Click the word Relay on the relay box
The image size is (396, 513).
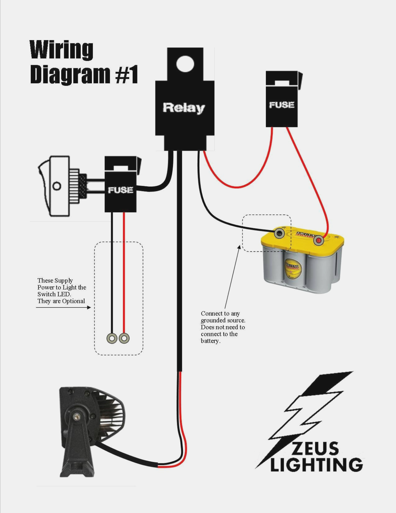tap(184, 108)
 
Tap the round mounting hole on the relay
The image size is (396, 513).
tap(185, 63)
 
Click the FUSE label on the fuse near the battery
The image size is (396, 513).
tap(282, 105)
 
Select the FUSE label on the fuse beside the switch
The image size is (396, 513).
tap(120, 190)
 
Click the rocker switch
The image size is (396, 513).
tap(54, 186)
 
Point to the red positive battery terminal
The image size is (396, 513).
tap(318, 240)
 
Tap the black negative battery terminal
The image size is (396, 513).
tap(279, 233)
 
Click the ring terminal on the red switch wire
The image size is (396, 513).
tap(124, 338)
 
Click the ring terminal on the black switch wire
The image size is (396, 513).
tap(112, 338)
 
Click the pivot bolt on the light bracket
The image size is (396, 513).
tap(76, 417)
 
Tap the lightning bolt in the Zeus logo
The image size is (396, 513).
tap(308, 414)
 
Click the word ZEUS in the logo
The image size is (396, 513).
tap(315, 449)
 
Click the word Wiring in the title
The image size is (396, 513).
tap(62, 50)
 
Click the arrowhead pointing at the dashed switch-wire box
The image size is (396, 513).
tap(89, 307)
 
